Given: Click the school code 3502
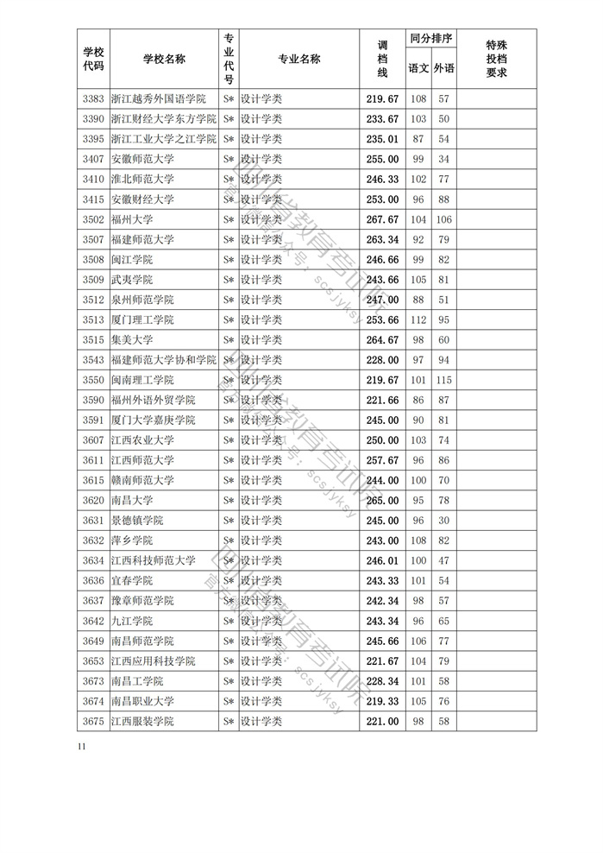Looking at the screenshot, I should tap(92, 219).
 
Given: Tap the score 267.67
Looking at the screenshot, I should tap(382, 219).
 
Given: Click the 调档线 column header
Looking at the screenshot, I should tap(382, 60).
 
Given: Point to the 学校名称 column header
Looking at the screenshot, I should tap(164, 59).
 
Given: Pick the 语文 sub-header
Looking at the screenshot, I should tap(418, 68).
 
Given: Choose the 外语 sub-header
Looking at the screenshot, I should tap(443, 68).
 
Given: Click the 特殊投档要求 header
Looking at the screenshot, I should tap(496, 60).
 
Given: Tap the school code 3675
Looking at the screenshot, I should tap(92, 721).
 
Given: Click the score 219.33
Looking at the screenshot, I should tap(382, 701).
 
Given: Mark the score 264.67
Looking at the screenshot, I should tap(382, 340).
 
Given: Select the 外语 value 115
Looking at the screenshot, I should tap(443, 380).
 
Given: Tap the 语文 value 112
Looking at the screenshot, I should tap(418, 319).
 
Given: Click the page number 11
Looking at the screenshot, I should tap(81, 746).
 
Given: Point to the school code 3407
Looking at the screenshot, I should tap(92, 159).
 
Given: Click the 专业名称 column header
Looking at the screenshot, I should tap(298, 59).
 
